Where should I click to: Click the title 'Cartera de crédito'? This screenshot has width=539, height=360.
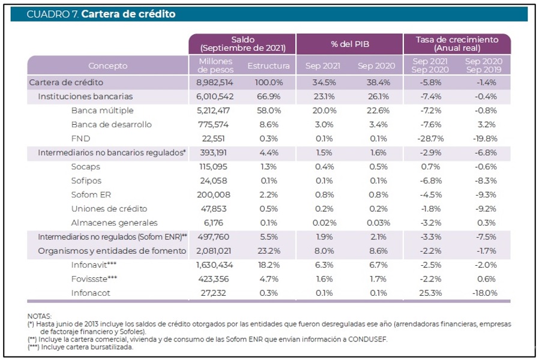pyautogui.click(x=128, y=14)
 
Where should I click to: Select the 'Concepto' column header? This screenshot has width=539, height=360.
pyautogui.click(x=107, y=65)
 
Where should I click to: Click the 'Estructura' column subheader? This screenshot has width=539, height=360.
pyautogui.click(x=268, y=65)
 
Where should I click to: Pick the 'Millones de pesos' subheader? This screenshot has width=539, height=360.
pyautogui.click(x=215, y=65)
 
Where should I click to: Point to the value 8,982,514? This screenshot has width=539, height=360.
pyautogui.click(x=215, y=82)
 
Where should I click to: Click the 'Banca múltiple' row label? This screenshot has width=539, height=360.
pyautogui.click(x=102, y=110)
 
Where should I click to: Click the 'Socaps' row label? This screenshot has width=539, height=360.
pyautogui.click(x=85, y=166)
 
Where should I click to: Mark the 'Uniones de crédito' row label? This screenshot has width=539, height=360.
pyautogui.click(x=109, y=208)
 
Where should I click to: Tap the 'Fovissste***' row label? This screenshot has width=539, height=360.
pyautogui.click(x=95, y=278)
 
